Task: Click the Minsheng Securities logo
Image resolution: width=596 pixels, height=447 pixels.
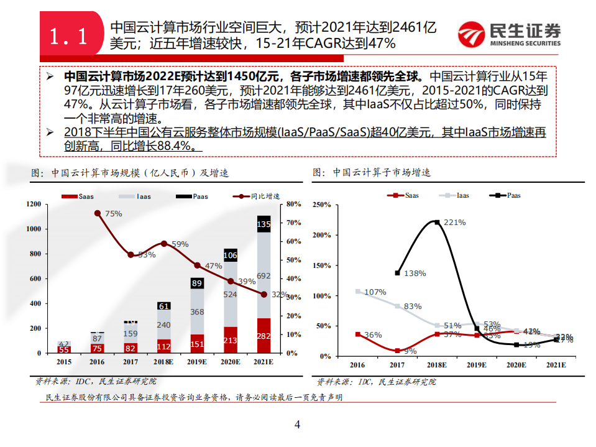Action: [509, 35]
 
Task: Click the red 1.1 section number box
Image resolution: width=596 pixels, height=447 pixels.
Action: [68, 36]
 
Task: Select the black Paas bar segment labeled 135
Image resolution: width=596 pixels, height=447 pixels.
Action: [263, 224]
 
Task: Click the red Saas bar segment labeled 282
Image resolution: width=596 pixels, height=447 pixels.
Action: [263, 336]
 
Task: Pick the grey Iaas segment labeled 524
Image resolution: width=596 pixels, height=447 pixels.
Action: [230, 295]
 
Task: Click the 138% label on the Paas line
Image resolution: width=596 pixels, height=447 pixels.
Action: [415, 273]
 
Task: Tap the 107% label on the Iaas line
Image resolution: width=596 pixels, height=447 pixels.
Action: [375, 292]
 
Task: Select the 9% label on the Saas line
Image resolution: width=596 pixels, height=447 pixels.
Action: [411, 351]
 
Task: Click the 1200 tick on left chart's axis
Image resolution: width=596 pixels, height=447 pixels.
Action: [34, 204]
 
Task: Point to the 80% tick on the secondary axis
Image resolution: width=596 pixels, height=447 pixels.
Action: [295, 204]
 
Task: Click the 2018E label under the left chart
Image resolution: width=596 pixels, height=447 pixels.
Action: [164, 362]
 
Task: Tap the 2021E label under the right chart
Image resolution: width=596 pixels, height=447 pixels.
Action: [556, 366]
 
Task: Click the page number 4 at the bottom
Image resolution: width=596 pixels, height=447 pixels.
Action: [297, 425]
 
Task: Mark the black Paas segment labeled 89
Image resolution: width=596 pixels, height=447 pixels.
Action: [197, 283]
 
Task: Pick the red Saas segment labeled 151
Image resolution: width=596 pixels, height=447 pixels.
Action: [197, 344]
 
